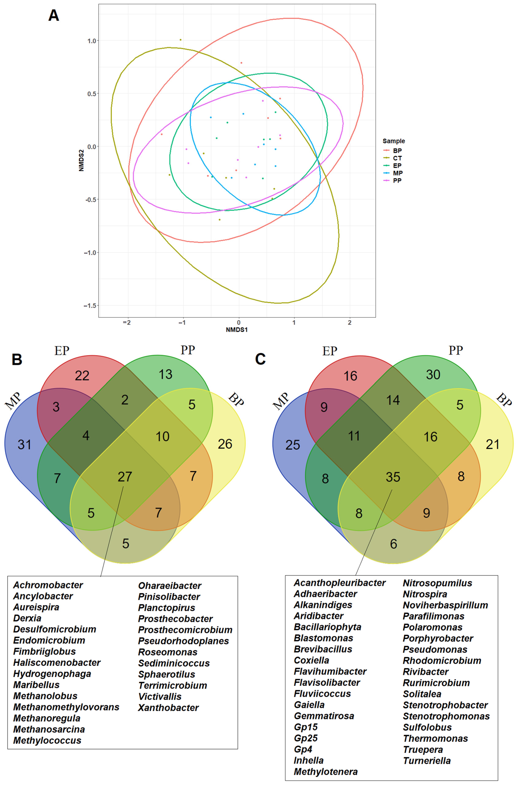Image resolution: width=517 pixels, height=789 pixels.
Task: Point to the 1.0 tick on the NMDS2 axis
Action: click(x=91, y=41)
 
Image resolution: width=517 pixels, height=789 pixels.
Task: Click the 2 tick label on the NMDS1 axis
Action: click(x=349, y=322)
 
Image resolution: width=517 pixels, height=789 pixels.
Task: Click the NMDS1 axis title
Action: click(x=237, y=330)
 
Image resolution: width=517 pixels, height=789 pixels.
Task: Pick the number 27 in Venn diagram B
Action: click(x=125, y=477)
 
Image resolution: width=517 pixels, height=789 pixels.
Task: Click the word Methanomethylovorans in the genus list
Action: click(x=66, y=707)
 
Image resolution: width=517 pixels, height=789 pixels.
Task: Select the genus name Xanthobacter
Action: click(x=168, y=708)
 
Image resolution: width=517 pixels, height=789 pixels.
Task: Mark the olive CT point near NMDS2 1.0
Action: click(x=180, y=40)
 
